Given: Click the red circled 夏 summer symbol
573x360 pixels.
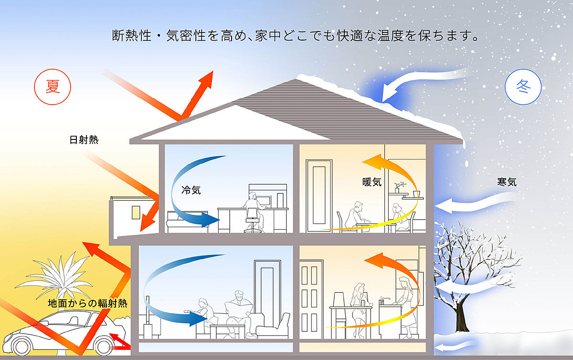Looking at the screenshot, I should pyautogui.click(x=53, y=87).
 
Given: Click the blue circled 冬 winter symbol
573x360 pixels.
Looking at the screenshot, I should pyautogui.click(x=523, y=87).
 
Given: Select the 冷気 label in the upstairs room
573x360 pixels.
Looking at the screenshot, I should pyautogui.click(x=191, y=190).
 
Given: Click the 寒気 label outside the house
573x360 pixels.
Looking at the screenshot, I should pyautogui.click(x=507, y=182).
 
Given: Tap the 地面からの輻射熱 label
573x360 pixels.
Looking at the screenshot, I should pyautogui.click(x=88, y=303).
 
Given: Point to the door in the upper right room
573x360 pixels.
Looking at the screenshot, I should pyautogui.click(x=316, y=193).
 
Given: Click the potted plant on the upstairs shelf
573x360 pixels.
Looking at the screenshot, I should pyautogui.click(x=399, y=186).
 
